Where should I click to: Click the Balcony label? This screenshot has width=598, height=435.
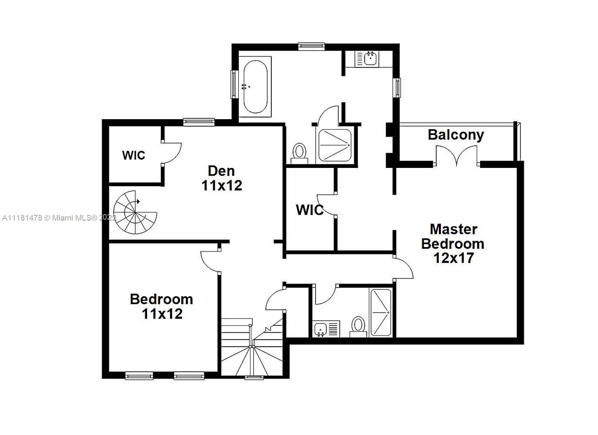click(x=456, y=135)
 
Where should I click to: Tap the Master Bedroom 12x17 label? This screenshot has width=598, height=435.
click(x=453, y=244)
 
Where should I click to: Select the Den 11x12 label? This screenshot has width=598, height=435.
click(x=221, y=178)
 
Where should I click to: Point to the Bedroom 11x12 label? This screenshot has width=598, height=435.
click(x=161, y=307)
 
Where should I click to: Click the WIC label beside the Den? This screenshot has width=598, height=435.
click(x=134, y=155)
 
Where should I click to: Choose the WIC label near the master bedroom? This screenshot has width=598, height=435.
click(x=310, y=210)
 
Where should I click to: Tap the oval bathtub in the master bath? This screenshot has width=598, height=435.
click(x=255, y=87)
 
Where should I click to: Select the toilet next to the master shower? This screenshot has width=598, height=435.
click(x=299, y=154)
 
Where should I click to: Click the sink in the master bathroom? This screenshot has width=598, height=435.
click(x=367, y=59)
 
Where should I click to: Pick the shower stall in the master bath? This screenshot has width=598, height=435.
click(x=335, y=145)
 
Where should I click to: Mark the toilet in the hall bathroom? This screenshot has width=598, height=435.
click(x=358, y=327)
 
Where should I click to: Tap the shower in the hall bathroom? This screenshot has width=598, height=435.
click(x=381, y=312)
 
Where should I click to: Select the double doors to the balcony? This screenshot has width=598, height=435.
click(x=457, y=156)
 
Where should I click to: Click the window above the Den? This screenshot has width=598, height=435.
click(x=199, y=122)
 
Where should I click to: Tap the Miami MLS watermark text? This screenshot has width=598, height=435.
click(x=59, y=218)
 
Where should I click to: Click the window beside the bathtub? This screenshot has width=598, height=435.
click(x=234, y=84)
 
